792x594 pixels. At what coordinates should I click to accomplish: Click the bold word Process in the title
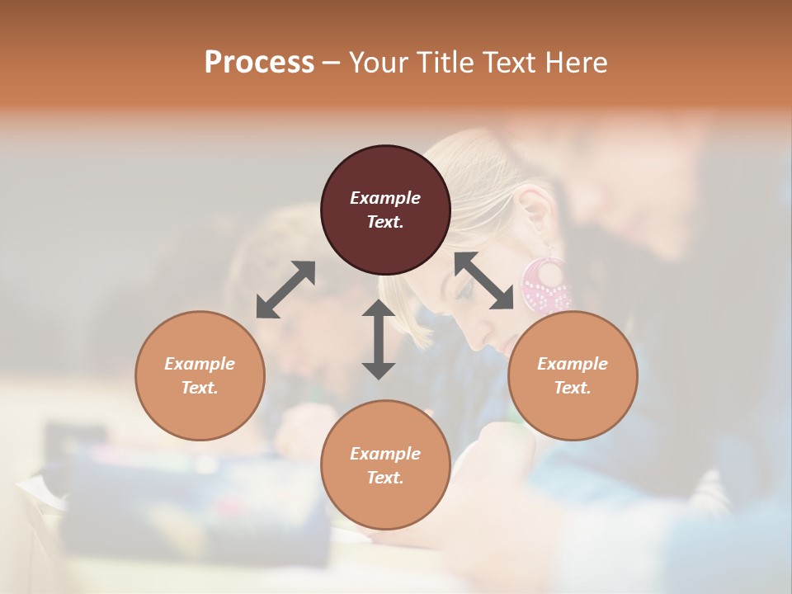(259, 62)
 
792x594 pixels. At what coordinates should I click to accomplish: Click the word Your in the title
(380, 63)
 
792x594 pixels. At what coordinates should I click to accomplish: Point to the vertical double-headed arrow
(379, 339)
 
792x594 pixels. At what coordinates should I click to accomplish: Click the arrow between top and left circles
(285, 289)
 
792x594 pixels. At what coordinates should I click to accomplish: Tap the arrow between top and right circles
(483, 280)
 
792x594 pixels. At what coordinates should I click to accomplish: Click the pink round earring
(544, 285)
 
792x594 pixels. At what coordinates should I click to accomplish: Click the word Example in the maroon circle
(385, 198)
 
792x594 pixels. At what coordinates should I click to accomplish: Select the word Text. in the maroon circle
(385, 222)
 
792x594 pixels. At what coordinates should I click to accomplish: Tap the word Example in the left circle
(200, 364)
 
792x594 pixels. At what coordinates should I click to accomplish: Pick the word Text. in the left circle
(200, 388)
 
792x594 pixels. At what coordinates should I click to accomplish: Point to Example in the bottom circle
(385, 454)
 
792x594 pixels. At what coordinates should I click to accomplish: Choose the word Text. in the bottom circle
(385, 478)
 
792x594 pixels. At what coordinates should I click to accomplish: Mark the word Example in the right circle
(573, 364)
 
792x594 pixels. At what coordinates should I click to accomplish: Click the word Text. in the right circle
(573, 388)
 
